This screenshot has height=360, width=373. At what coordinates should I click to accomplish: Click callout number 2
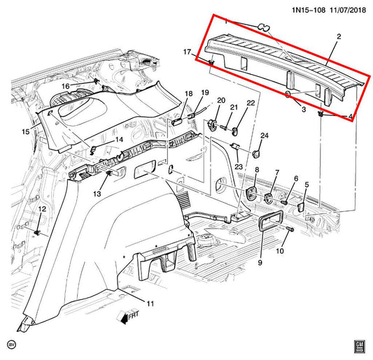339,36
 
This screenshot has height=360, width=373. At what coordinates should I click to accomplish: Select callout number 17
188,52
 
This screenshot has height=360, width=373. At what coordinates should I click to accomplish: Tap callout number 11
150,302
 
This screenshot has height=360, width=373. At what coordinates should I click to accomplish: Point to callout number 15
26,131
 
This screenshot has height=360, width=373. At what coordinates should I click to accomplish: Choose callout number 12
41,209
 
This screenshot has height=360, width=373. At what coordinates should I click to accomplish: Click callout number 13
97,194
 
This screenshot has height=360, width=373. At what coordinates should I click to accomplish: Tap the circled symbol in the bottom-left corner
10,345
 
